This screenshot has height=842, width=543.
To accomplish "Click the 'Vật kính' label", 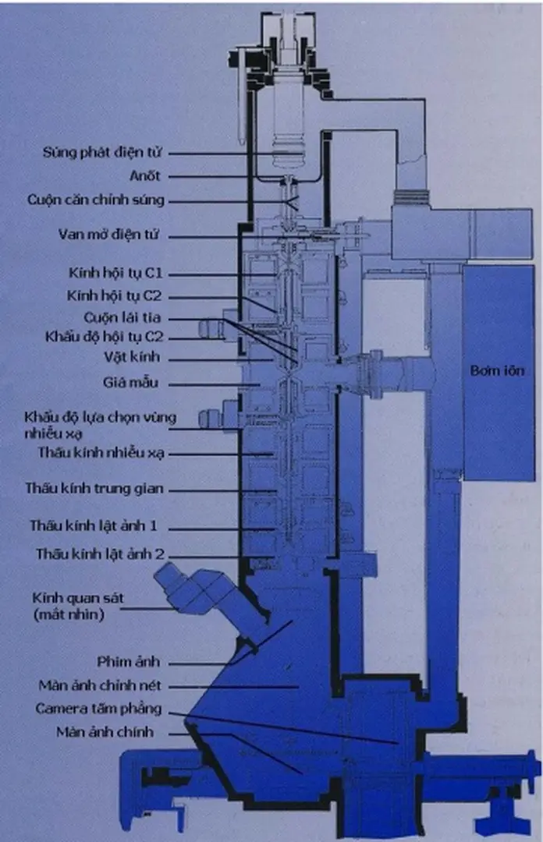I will click(x=140, y=359).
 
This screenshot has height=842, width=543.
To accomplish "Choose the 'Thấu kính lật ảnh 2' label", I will click(x=100, y=555).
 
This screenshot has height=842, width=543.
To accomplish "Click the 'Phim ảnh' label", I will click(x=128, y=663).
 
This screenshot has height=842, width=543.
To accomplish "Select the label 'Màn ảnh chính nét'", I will click(x=100, y=686).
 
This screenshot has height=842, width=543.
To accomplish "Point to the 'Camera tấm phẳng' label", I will click(x=98, y=709).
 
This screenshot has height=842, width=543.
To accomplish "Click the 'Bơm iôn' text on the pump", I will click(x=499, y=371).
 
